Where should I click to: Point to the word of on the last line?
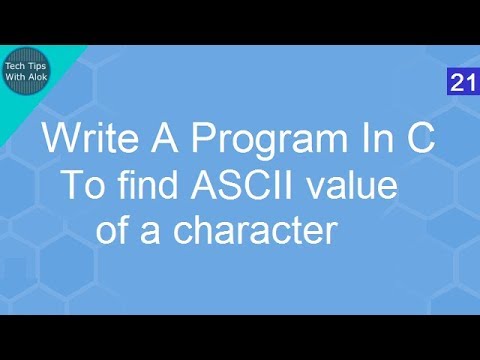click(113, 231)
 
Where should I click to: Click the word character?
click(253, 232)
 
